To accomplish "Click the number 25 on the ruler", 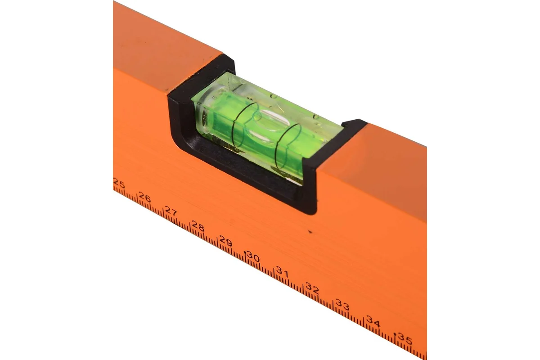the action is [119, 183].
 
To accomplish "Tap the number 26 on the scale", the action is [144, 197].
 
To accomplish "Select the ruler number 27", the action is [171, 211].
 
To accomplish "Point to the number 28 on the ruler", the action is [198, 226].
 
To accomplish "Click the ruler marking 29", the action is [225, 241].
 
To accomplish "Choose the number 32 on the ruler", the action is [312, 288].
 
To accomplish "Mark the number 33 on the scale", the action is [342, 305].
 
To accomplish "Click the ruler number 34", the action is [373, 321].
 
